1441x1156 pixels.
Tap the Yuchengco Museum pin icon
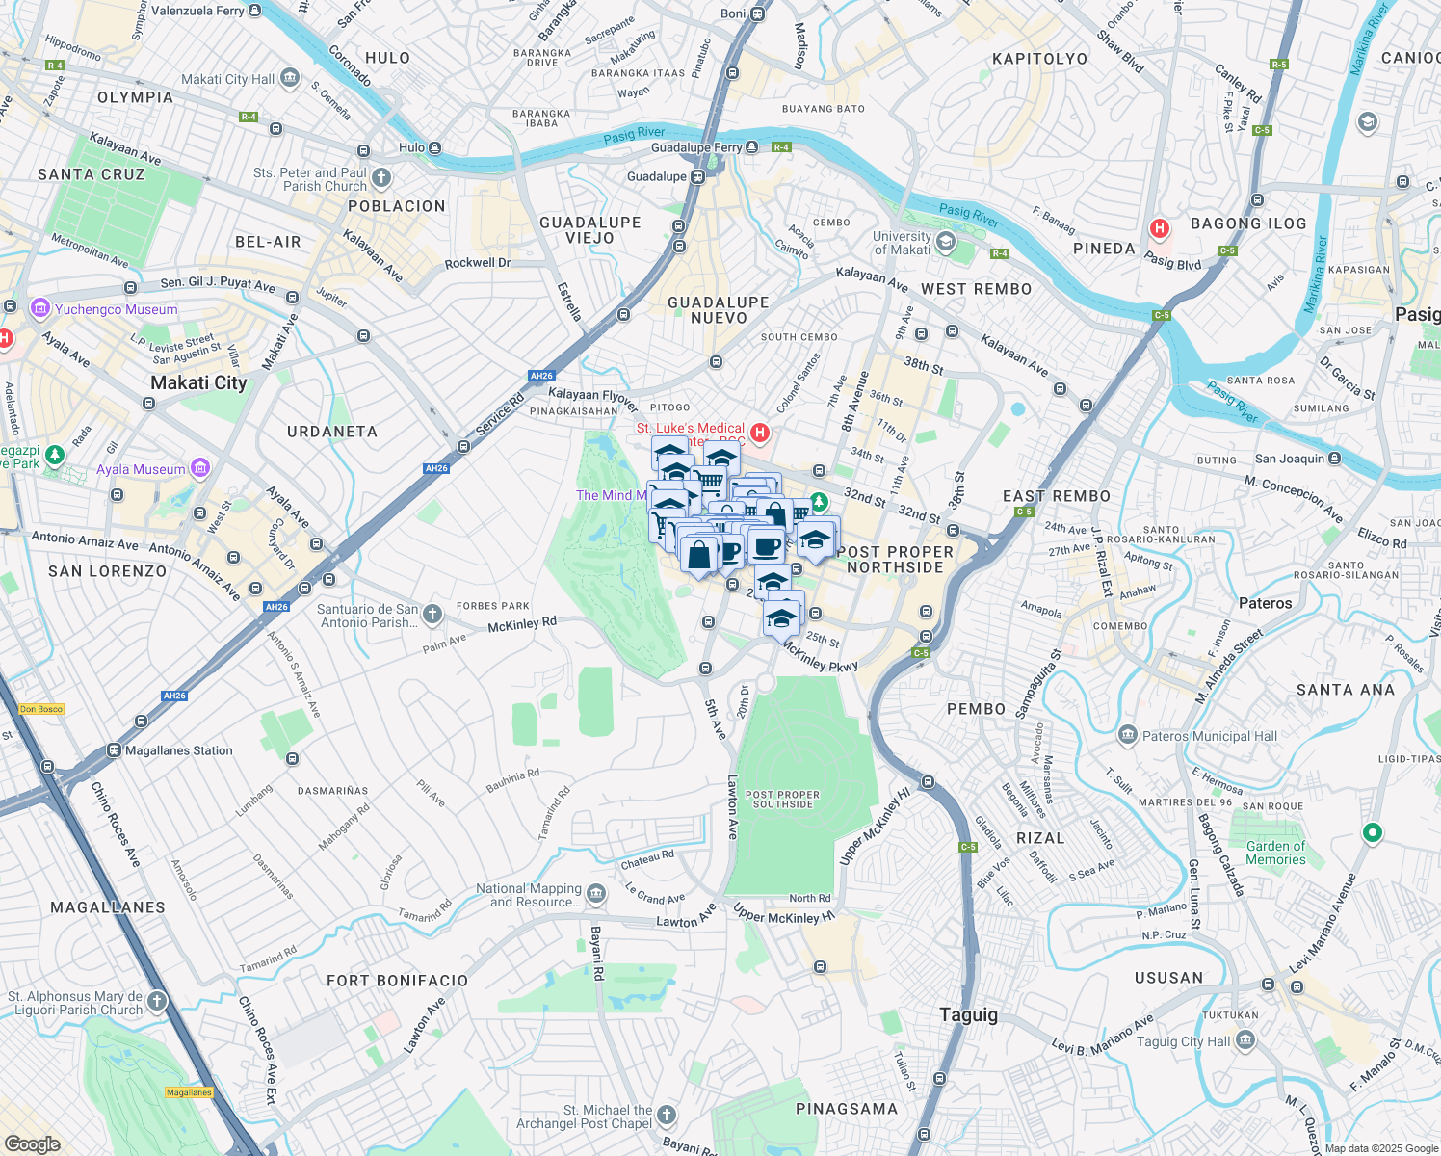click(x=39, y=309)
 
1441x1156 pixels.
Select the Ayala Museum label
click(x=141, y=470)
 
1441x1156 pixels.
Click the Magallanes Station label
click(x=179, y=750)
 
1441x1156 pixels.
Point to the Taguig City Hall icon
click(x=1245, y=1040)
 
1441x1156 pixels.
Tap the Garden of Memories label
click(x=1275, y=853)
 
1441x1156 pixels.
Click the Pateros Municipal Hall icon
click(x=1127, y=736)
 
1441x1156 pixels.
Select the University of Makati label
click(x=903, y=243)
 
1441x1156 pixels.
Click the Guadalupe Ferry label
click(x=696, y=147)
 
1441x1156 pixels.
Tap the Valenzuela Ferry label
click(x=197, y=11)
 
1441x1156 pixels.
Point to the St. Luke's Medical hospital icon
click(x=760, y=433)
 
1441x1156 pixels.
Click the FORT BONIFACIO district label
click(x=397, y=981)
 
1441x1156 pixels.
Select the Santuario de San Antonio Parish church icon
click(x=432, y=614)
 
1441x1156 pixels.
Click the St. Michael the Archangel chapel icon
click(x=667, y=1116)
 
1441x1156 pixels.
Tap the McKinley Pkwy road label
click(x=819, y=656)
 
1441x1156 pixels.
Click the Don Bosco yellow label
click(x=41, y=709)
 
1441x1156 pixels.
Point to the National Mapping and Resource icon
click(x=596, y=895)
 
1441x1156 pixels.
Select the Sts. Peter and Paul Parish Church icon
click(x=381, y=177)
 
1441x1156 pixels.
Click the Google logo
click(x=32, y=1144)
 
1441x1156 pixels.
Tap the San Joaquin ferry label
click(x=1290, y=459)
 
